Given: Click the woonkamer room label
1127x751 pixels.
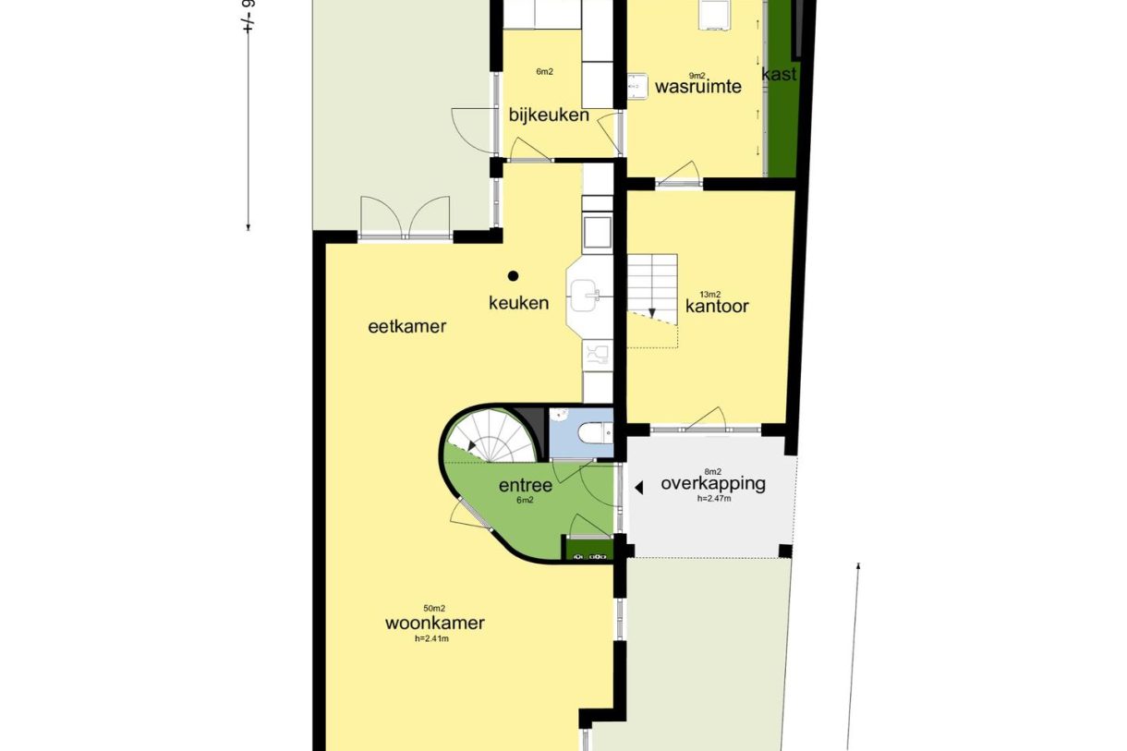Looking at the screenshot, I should coord(434,623).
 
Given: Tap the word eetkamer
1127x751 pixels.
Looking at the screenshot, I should coord(407,326).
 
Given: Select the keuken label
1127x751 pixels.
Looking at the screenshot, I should coord(518,302).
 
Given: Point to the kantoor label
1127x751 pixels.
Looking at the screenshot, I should coord(717,307).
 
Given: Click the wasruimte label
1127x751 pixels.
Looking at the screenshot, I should coord(698,87).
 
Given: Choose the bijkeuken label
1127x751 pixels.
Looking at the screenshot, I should coord(549,115).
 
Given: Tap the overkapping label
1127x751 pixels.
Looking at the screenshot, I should coord(712,483).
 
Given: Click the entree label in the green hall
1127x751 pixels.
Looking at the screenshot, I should coord(525,486).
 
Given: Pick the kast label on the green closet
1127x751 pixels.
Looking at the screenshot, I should coord(779,74).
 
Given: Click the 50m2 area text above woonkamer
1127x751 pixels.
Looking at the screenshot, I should coord(434,608).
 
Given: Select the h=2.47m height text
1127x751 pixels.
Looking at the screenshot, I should coord(714,499).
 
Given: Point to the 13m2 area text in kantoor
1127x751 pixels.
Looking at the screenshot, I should coord(709,294).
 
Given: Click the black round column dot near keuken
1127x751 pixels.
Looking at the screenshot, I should coord(513,274).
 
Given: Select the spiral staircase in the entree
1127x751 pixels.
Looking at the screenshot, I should coord(494,436).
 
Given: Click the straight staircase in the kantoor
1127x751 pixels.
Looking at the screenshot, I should coord(652,286).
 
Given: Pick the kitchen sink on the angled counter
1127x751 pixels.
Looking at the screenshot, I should coord(587,296).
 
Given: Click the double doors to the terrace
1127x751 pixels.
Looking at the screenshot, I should coord(405,218).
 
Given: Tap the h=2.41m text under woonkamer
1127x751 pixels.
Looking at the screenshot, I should coord(434,637).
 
